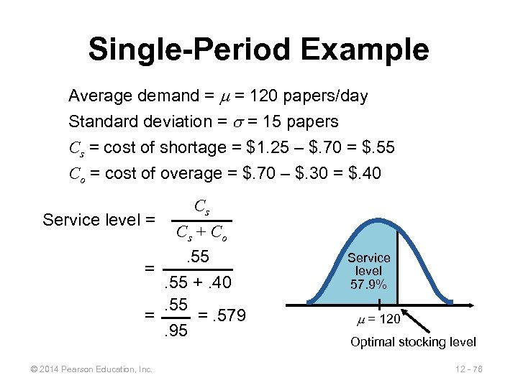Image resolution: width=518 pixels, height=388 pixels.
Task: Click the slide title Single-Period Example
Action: (258, 50)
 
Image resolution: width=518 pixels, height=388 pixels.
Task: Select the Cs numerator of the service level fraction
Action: (202, 207)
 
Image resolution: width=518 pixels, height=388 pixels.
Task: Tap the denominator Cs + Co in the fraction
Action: (202, 233)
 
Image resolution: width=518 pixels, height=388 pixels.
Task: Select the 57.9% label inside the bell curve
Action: (368, 285)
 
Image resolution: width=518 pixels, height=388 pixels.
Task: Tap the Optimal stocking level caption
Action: (413, 342)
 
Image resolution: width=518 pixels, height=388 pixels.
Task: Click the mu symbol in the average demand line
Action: (229, 96)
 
